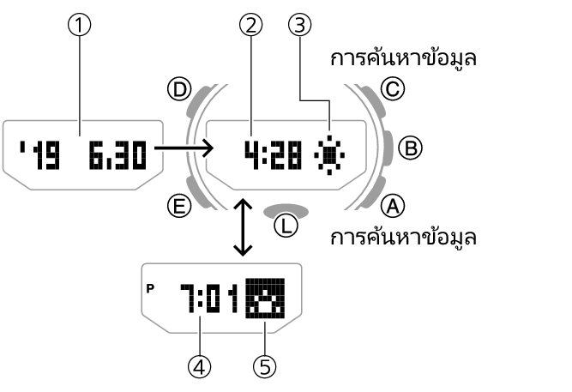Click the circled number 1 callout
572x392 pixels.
pos(80,27)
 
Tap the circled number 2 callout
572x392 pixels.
pos(250,27)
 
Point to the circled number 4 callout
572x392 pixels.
pos(200,366)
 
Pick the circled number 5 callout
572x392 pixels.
pos(265,366)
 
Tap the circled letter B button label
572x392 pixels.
pos(411,148)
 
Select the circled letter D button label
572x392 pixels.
pos(180,90)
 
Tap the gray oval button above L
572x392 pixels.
pos(286,209)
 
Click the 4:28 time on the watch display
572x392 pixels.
pos(272,154)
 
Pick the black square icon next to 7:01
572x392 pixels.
pos(265,300)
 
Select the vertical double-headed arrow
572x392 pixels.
pos(243,227)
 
